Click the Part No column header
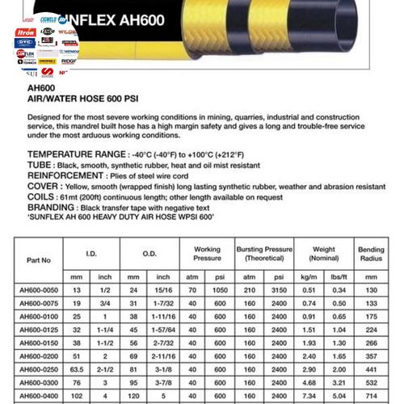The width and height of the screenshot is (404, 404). pos(39,260)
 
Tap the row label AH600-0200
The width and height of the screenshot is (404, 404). pos(39,356)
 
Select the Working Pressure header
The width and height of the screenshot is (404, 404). pos(208,255)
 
